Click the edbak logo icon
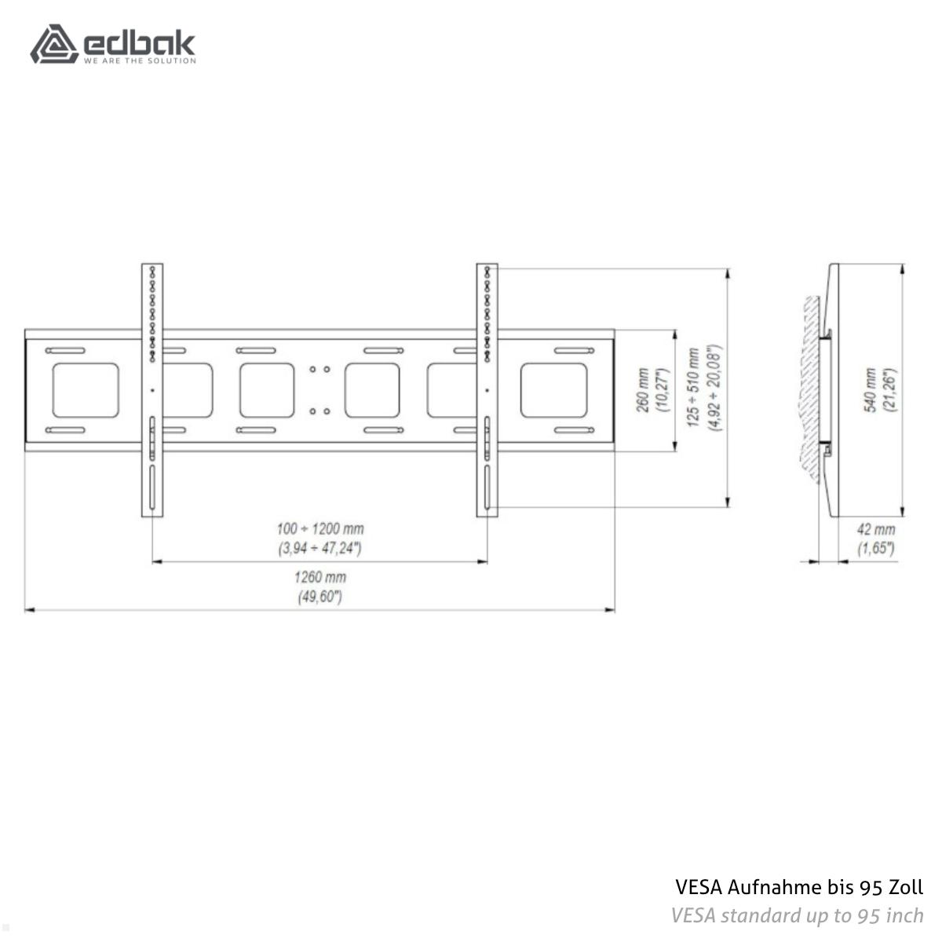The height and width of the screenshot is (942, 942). [x=53, y=44]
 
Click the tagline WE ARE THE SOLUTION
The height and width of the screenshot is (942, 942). [x=140, y=60]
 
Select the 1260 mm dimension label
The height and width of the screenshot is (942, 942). [x=320, y=577]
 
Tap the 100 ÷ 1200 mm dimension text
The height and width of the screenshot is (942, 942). [x=320, y=529]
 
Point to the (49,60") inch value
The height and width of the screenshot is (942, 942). [x=320, y=597]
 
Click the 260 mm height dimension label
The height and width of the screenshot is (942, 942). [x=643, y=390]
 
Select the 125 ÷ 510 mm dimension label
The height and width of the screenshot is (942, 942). [x=693, y=389]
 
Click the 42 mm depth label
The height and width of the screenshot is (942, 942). [x=875, y=530]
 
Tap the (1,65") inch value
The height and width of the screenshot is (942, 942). [x=875, y=548]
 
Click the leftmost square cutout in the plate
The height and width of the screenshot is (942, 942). [x=86, y=390]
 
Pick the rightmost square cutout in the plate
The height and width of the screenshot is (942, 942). [x=553, y=390]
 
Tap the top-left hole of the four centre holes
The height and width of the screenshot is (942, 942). [x=312, y=368]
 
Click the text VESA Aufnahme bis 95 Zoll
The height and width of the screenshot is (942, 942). [x=799, y=888]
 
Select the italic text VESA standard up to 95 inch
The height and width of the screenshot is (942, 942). [x=797, y=915]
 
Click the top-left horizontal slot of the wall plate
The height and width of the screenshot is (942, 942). [x=65, y=350]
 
